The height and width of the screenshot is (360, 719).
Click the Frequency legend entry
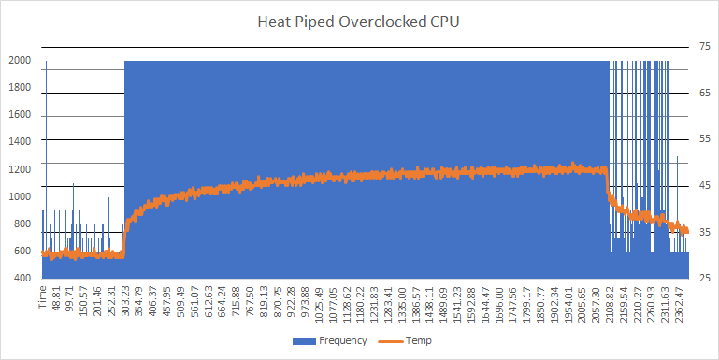tap(342, 341)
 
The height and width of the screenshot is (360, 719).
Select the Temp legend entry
tap(418, 341)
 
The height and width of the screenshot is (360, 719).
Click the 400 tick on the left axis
tap(22, 279)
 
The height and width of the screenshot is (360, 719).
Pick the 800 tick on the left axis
tap(22, 224)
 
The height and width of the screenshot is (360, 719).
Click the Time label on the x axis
tap(42, 297)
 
